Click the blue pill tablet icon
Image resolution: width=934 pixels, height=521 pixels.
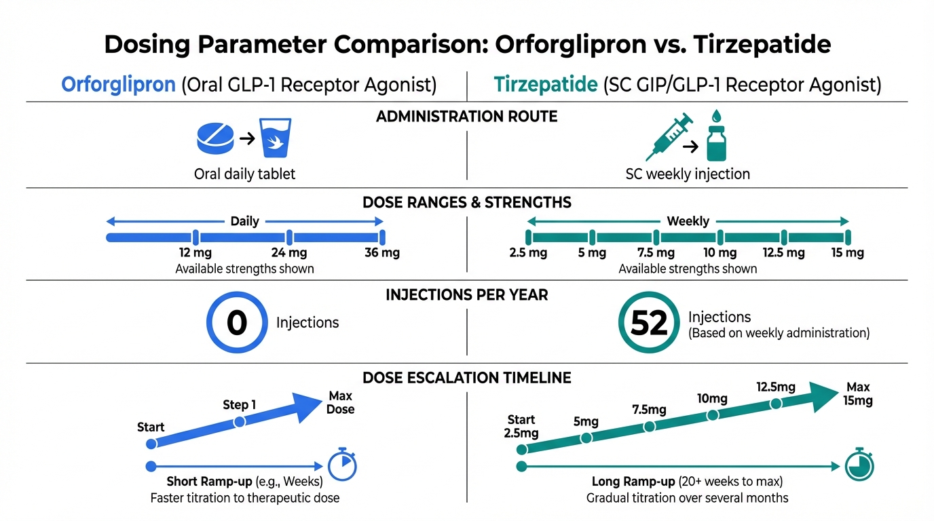pyautogui.click(x=214, y=138)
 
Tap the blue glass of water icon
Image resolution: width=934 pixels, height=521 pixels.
pyautogui.click(x=276, y=139)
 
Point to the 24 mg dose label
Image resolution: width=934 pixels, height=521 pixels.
pyautogui.click(x=288, y=253)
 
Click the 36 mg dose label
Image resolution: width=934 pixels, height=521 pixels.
pyautogui.click(x=382, y=253)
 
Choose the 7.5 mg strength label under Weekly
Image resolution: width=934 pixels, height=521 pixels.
pyautogui.click(x=656, y=253)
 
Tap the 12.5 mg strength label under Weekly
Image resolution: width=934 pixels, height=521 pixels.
pyautogui.click(x=783, y=253)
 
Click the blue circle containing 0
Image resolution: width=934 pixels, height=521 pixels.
pyautogui.click(x=236, y=324)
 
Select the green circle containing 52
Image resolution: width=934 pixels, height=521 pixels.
pyautogui.click(x=649, y=324)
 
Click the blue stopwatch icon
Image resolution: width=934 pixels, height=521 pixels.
pyautogui.click(x=342, y=466)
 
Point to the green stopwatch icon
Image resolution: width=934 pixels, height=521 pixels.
pyautogui.click(x=860, y=466)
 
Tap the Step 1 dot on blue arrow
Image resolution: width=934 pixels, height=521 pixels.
pyautogui.click(x=239, y=421)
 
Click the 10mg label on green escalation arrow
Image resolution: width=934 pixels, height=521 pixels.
pyautogui.click(x=712, y=399)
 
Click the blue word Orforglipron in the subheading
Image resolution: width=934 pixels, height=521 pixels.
pyautogui.click(x=118, y=85)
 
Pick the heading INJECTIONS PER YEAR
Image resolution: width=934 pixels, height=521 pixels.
pyautogui.click(x=466, y=295)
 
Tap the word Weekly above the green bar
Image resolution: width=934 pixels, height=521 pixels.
pyautogui.click(x=688, y=221)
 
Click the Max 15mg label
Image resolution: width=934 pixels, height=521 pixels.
pyautogui.click(x=858, y=393)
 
